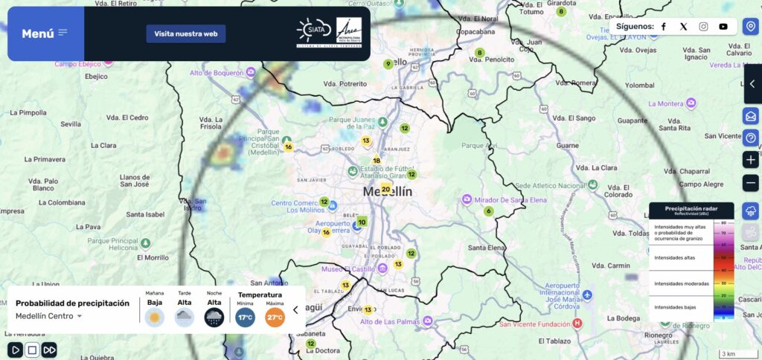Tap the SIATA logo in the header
313,31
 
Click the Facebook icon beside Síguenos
664,27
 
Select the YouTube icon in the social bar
723,27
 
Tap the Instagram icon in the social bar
703,27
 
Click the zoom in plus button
751,160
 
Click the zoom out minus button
751,183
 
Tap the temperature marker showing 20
385,189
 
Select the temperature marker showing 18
377,161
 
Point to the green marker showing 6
489,211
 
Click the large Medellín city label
387,192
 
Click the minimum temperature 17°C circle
246,318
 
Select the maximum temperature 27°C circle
275,318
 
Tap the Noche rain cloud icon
214,318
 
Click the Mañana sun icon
155,318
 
